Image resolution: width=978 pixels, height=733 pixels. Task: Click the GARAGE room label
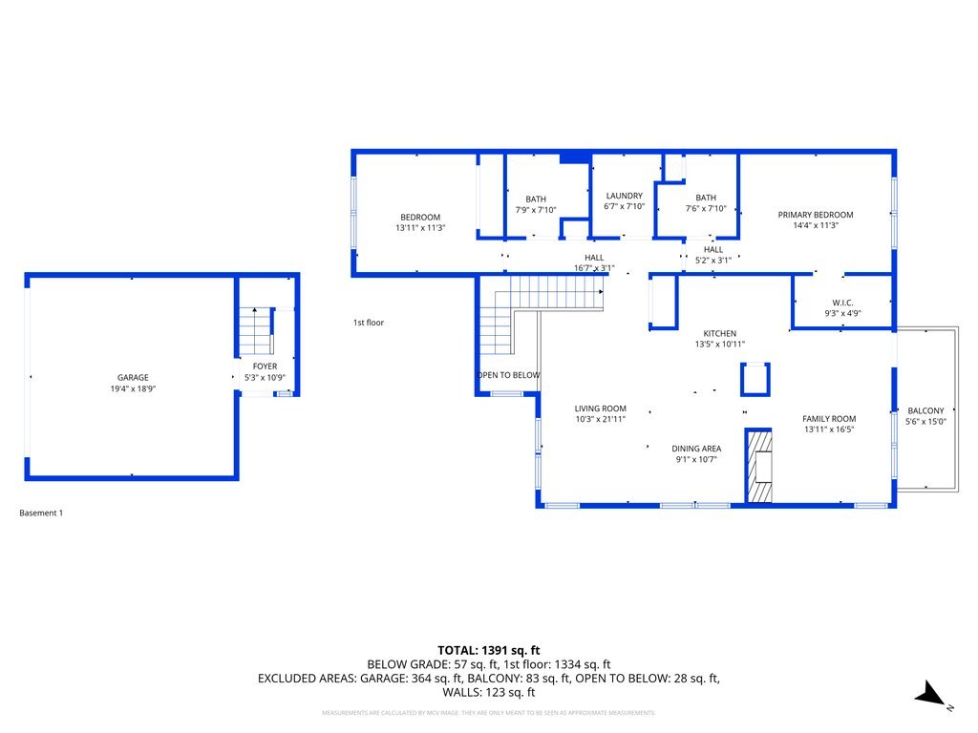coord(133,377)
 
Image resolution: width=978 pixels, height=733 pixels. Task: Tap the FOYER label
coord(265,366)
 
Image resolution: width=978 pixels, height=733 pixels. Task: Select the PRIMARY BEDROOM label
coord(815,215)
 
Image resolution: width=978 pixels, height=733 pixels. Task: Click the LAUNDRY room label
coord(624,196)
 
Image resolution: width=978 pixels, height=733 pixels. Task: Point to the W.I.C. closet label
coord(841,302)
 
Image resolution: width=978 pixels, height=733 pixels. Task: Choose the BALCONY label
coord(925,410)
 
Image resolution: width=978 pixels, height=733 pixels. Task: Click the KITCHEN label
coord(719,333)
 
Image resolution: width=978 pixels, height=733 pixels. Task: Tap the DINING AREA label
coord(695,448)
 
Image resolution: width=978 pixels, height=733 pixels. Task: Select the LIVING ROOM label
coord(600,408)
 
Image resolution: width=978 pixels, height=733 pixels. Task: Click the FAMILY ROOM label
coord(828,418)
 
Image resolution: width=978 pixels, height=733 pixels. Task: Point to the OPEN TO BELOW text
coord(508,375)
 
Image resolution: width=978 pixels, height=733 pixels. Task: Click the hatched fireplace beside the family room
coord(758,466)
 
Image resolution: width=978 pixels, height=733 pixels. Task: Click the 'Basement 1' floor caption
coord(41,513)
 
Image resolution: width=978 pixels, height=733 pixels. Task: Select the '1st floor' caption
coord(368,323)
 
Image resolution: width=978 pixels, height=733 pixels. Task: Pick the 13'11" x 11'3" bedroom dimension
coord(420,228)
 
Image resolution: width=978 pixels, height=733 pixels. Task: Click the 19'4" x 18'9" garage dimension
coord(133,388)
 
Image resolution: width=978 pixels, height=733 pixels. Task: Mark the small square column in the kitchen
coord(755,379)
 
